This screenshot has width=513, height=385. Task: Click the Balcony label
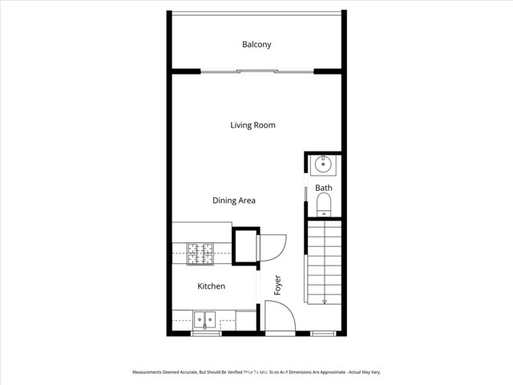[256, 45]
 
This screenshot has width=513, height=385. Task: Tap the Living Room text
[252, 125]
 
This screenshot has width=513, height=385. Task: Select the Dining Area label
[234, 201]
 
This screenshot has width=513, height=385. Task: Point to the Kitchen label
[212, 286]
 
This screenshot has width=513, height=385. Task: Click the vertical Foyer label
[277, 286]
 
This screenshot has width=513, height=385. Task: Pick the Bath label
[323, 188]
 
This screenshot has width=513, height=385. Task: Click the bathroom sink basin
[324, 165]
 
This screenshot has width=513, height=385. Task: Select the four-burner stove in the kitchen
[200, 253]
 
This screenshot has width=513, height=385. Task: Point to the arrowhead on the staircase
[325, 302]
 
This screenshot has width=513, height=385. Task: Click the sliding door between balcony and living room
[256, 72]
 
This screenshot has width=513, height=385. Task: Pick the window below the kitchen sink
[206, 333]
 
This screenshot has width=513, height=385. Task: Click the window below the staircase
[323, 333]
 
